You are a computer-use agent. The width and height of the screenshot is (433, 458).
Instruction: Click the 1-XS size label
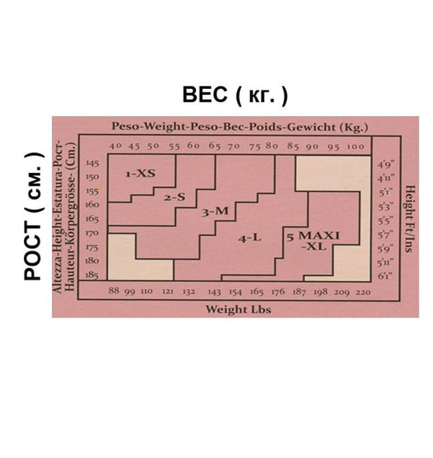[x=140, y=174]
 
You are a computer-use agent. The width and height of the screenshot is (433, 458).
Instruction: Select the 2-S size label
[x=174, y=198]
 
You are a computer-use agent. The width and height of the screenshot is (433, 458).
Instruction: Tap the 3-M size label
[x=215, y=211]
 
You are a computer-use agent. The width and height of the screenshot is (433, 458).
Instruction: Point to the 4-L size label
[x=250, y=239]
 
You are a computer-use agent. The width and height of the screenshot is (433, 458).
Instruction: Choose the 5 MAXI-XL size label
[x=313, y=241]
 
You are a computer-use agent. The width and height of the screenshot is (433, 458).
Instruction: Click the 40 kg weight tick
[x=115, y=146]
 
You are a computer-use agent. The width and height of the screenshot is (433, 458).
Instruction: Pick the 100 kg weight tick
[x=355, y=147]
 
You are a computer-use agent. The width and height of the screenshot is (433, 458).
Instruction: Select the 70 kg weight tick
[x=234, y=146]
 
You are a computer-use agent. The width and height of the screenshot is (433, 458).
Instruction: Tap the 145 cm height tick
[x=92, y=163]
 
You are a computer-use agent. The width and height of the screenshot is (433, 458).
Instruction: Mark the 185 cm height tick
[x=92, y=275]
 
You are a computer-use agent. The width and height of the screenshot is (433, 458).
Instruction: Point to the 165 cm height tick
[x=92, y=219]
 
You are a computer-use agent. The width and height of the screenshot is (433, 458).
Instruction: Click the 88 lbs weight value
[x=114, y=291]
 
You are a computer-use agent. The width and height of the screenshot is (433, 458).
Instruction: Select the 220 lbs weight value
[x=363, y=292]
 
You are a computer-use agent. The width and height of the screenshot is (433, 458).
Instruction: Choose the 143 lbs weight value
[x=214, y=292]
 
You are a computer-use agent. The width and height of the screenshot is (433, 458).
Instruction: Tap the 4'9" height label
[x=386, y=165]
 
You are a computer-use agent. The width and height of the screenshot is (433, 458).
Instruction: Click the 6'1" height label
[x=385, y=275]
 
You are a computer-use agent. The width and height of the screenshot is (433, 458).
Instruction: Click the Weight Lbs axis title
[x=238, y=310]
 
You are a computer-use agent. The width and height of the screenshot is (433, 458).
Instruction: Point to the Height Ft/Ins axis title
[x=410, y=219]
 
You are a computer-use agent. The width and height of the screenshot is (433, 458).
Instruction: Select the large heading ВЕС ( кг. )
[x=235, y=94]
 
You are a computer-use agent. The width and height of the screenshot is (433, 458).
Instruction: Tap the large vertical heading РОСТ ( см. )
[x=34, y=216]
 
